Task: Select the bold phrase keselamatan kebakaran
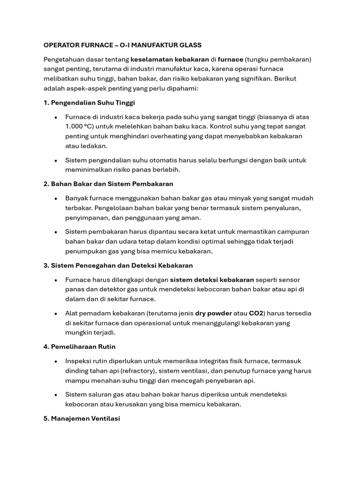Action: [170, 60]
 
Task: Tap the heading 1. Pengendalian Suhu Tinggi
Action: [89, 103]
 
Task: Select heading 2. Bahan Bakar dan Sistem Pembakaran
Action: [108, 184]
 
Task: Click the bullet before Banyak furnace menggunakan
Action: [56, 199]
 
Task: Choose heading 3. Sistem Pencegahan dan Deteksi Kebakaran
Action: [118, 265]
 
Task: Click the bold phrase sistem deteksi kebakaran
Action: [212, 280]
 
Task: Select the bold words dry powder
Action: [213, 313]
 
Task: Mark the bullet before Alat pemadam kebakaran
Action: [56, 314]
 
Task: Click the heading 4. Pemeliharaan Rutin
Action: [79, 346]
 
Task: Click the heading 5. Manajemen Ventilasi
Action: [82, 418]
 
